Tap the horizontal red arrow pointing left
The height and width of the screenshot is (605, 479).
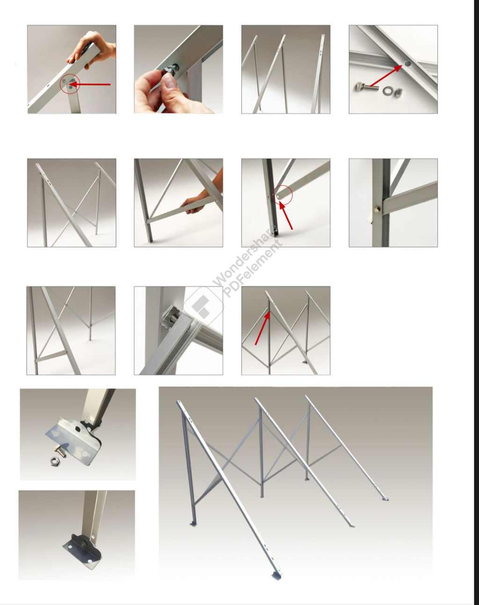coord(89,84)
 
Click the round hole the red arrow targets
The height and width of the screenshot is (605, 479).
coord(407,64)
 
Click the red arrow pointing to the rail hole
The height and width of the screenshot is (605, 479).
coord(386,75)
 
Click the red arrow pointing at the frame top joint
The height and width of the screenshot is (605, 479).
coord(262,327)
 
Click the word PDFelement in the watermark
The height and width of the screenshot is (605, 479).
coord(252,269)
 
